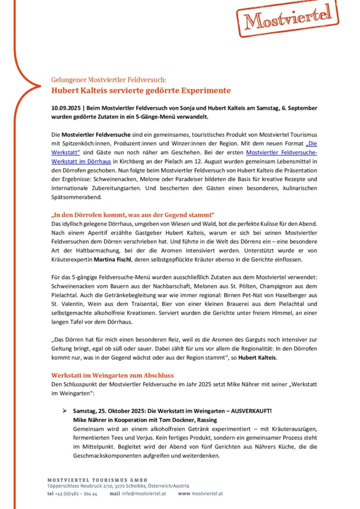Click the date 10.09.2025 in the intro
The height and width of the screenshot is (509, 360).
(x=67, y=108)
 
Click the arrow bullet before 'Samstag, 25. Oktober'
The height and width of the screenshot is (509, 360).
(x=65, y=411)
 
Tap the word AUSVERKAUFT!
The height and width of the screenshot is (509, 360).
(x=255, y=411)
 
